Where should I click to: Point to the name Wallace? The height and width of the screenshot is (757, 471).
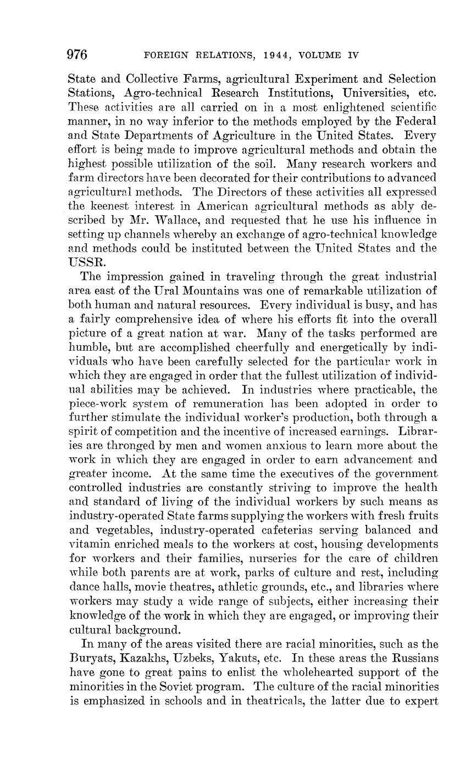[x=174, y=220]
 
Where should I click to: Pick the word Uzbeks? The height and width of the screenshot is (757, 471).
[x=193, y=658]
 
